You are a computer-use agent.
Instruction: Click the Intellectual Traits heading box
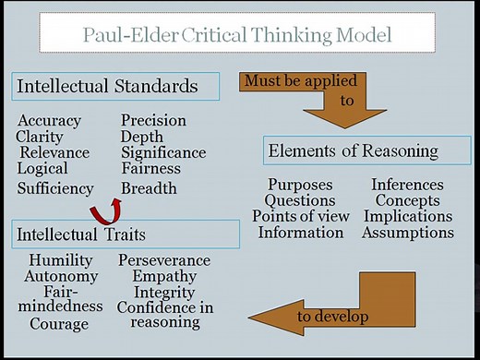point(124,234)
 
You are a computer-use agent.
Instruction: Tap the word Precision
point(153,121)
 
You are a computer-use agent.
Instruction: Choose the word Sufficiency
point(55,188)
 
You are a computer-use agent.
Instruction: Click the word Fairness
point(151,168)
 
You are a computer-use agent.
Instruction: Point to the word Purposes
point(300,186)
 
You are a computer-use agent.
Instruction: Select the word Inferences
point(407,186)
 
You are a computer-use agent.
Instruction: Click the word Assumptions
point(407,233)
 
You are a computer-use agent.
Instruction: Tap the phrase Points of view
point(300,217)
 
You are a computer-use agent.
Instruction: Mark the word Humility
point(61,260)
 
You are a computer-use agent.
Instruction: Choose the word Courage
point(59,324)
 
